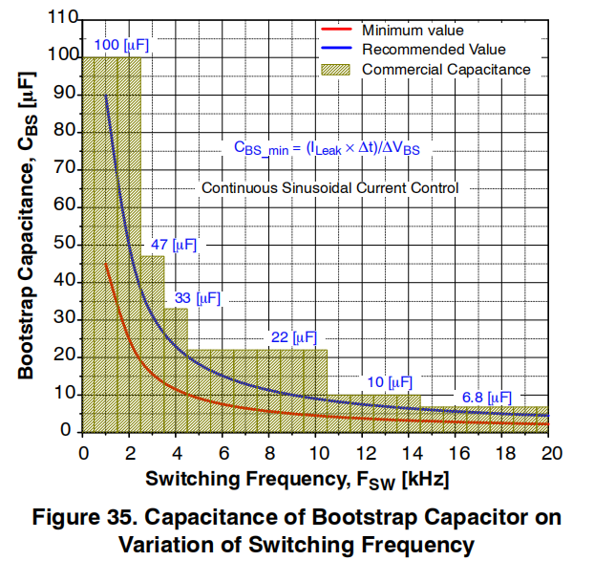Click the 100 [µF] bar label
pos(121,45)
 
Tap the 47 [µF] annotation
pos(173,245)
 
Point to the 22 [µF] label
pos(293,337)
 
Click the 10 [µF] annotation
pos(389,382)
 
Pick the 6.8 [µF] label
pos(486,397)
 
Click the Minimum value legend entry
pos(413,31)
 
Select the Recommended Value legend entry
pos(433,50)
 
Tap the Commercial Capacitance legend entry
pos(446,69)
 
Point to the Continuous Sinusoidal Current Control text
pos(329,188)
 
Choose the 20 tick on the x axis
pos(549,452)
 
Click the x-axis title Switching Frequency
pos(297,476)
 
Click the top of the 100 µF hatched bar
pos(111,58)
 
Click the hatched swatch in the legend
pos(335,69)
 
